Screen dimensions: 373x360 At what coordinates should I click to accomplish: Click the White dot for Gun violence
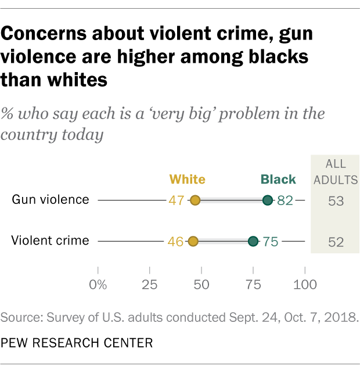click(196, 200)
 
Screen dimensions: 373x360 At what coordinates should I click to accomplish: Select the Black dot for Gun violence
click(267, 200)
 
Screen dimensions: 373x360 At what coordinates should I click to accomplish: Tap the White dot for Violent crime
click(193, 241)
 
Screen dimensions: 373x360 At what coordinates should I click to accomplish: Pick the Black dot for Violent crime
click(253, 241)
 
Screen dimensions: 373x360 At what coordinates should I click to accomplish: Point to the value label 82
click(285, 201)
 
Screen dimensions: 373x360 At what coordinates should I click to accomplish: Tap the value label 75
click(271, 242)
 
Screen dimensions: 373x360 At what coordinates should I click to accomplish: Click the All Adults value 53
click(335, 201)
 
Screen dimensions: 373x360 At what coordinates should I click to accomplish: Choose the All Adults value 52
click(335, 242)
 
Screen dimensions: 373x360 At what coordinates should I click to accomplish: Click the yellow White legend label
click(187, 179)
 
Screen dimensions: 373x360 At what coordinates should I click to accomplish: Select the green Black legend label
click(278, 179)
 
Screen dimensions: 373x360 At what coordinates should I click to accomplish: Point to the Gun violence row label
click(51, 200)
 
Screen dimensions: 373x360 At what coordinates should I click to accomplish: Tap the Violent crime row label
click(51, 241)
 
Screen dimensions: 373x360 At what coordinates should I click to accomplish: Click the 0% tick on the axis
click(98, 285)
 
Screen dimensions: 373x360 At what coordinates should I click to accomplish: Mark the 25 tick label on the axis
click(150, 285)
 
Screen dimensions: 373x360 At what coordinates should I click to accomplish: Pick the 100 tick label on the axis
click(305, 285)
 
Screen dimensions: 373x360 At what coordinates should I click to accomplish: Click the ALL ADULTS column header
click(336, 173)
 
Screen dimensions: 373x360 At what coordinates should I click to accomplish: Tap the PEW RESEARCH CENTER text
click(77, 343)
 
